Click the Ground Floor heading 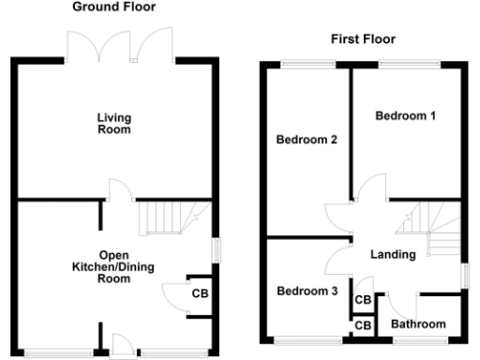(114, 7)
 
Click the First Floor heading (363, 39)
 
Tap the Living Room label (113, 124)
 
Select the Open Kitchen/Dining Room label (114, 267)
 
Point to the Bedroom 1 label (405, 116)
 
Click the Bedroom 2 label (306, 141)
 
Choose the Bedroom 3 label (307, 292)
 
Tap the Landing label (393, 254)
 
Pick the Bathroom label (418, 324)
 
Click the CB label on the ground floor (199, 293)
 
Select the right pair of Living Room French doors (148, 44)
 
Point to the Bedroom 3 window (305, 340)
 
